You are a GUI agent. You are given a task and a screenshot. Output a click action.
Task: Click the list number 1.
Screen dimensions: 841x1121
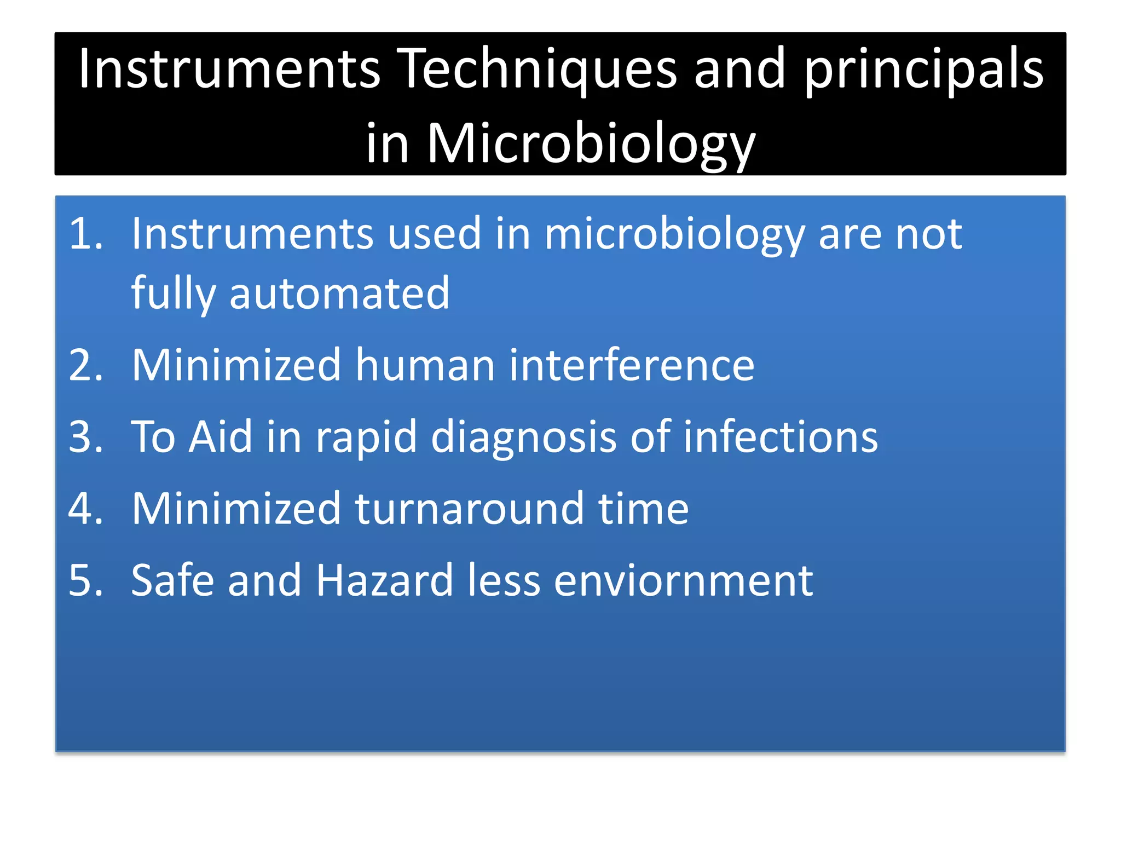[85, 234]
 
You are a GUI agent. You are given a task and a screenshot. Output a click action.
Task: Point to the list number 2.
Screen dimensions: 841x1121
[85, 365]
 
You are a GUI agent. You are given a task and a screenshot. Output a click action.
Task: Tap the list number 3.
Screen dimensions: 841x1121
[85, 437]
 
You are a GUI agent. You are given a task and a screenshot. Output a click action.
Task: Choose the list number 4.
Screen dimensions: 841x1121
[85, 509]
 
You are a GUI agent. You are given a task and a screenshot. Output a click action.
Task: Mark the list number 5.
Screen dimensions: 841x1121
[85, 580]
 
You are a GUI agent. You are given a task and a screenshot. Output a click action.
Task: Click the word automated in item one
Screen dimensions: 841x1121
[339, 293]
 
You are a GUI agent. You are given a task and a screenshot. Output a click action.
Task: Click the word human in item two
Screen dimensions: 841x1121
[425, 365]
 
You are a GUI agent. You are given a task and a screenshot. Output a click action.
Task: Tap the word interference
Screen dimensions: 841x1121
[632, 365]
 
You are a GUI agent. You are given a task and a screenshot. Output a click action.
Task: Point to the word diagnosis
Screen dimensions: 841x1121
[524, 438]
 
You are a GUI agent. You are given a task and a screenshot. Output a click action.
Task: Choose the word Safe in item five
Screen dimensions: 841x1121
[173, 580]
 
